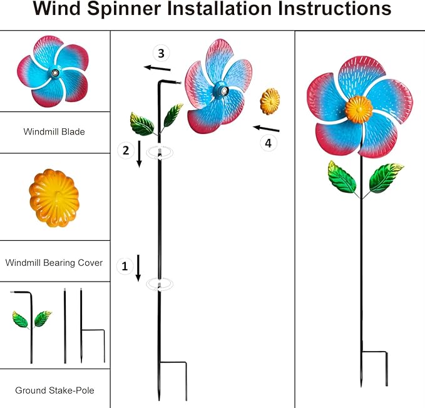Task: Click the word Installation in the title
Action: click(212, 9)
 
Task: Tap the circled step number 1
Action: click(125, 266)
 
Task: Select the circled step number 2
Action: click(126, 150)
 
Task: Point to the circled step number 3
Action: click(161, 53)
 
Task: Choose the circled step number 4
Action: click(268, 143)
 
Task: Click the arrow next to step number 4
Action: click(266, 129)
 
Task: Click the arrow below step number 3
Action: click(156, 68)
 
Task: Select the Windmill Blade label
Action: click(54, 132)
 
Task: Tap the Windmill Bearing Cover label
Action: click(54, 263)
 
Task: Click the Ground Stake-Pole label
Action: click(54, 390)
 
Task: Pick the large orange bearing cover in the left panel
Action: click(54, 197)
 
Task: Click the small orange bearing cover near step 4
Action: click(270, 101)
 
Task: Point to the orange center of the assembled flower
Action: click(359, 109)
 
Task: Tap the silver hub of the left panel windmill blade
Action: click(55, 73)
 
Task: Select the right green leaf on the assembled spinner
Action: click(386, 178)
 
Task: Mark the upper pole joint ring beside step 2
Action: click(160, 153)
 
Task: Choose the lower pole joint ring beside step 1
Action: click(160, 285)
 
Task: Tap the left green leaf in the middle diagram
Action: click(142, 123)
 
